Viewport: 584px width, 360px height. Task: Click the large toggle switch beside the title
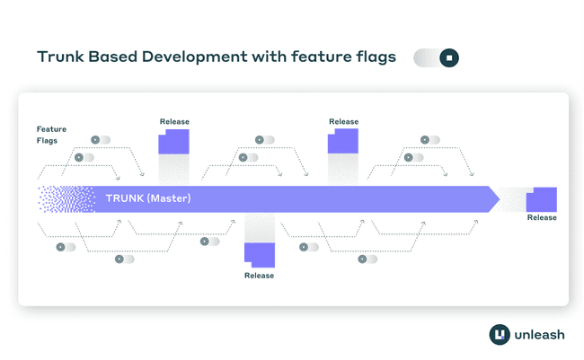pos(436,57)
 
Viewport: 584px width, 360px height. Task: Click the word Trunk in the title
pos(60,57)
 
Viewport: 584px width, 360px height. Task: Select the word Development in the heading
pos(194,57)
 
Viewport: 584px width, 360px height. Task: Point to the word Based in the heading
pos(113,57)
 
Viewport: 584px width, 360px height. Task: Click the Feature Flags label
pos(51,135)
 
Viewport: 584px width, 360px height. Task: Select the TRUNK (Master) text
pos(148,198)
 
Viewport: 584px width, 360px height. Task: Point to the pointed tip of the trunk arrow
pos(500,199)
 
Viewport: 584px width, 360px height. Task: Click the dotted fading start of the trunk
pos(66,199)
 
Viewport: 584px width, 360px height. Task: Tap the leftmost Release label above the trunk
pos(174,121)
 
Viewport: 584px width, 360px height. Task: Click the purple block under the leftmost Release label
pos(173,142)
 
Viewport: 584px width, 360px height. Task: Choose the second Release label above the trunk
pos(343,121)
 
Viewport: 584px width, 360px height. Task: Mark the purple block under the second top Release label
pos(343,141)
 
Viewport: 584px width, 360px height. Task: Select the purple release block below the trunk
pos(260,255)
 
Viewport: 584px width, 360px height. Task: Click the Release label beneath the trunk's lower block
pos(260,276)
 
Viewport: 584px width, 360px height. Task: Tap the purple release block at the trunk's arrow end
pos(542,199)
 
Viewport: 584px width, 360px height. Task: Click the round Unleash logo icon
pos(500,334)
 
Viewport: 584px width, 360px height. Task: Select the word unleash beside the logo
pos(539,335)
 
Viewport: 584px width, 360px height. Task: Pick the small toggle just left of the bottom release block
pos(209,241)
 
